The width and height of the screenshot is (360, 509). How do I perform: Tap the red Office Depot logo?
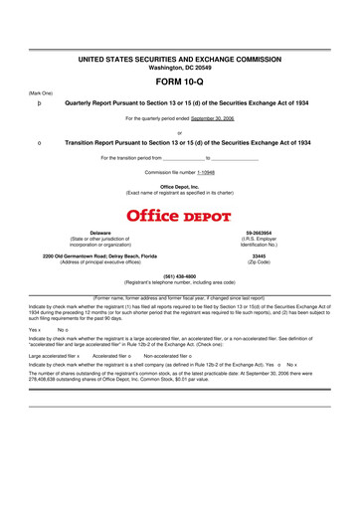180,216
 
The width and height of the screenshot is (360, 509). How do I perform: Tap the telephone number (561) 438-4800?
180,275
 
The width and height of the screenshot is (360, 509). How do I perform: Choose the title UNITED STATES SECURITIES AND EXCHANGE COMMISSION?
180,60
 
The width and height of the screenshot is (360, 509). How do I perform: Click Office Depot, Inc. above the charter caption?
180,186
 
